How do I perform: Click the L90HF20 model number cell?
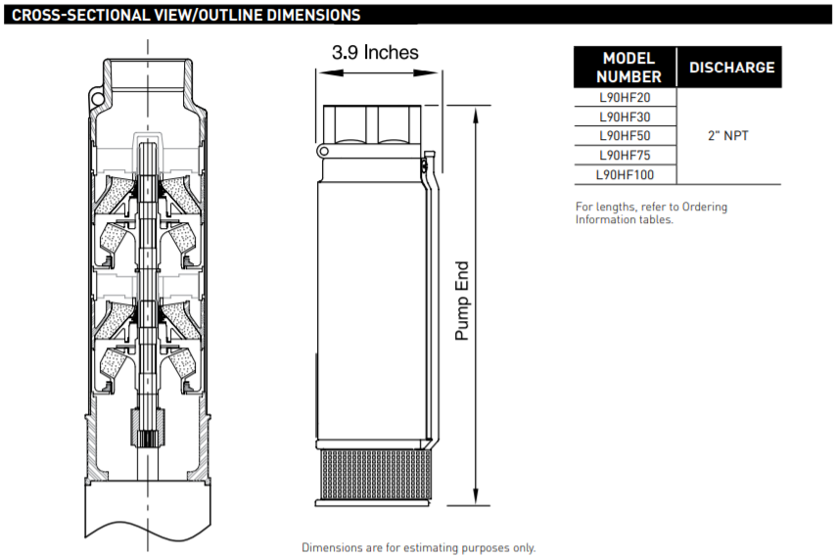point(625,98)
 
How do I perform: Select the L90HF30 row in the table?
point(625,116)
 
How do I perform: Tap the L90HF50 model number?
point(625,136)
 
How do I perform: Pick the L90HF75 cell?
point(625,155)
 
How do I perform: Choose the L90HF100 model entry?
point(625,174)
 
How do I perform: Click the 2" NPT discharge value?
point(727,136)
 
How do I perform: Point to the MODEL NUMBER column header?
point(628,68)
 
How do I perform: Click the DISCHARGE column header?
point(731,68)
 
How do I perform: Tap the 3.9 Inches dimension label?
point(375,52)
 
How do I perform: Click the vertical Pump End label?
point(462,301)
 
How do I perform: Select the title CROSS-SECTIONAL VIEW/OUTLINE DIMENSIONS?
point(186,15)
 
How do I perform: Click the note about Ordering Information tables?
point(651,213)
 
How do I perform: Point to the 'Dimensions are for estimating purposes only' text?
point(419,547)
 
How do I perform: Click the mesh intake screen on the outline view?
point(373,475)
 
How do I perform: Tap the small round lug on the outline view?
point(323,152)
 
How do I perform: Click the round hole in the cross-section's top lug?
point(97,99)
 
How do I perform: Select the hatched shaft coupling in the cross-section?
point(148,428)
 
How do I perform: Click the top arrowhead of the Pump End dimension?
point(476,114)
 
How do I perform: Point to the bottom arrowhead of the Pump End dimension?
point(476,496)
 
